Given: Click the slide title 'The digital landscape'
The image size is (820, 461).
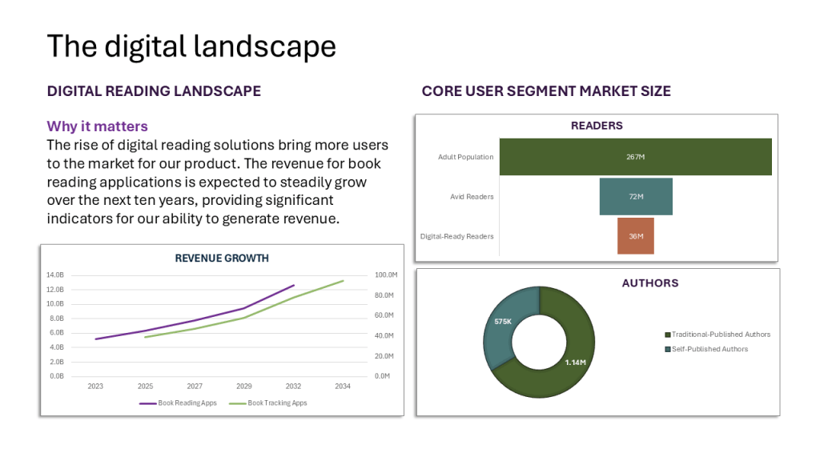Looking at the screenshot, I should pyautogui.click(x=191, y=46).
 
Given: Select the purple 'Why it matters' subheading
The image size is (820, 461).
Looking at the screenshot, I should pyautogui.click(x=97, y=126).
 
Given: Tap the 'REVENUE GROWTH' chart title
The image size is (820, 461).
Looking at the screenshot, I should pyautogui.click(x=222, y=258).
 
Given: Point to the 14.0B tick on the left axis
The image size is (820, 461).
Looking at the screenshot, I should pyautogui.click(x=54, y=275).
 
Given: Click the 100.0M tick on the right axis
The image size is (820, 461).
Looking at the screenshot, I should pyautogui.click(x=386, y=275).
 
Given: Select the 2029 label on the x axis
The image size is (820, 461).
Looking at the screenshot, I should pyautogui.click(x=244, y=386).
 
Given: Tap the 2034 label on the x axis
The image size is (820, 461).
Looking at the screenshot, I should pyautogui.click(x=343, y=386).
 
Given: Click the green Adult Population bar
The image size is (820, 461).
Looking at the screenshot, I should pyautogui.click(x=635, y=157).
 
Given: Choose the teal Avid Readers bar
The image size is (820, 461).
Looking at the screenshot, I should pyautogui.click(x=636, y=196).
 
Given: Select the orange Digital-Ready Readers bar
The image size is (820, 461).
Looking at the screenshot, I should pyautogui.click(x=636, y=236).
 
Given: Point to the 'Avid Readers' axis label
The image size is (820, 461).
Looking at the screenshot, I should pyautogui.click(x=472, y=196).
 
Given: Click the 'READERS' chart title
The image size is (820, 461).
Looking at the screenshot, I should pyautogui.click(x=597, y=126).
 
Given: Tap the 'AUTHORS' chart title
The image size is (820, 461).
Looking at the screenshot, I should pyautogui.click(x=649, y=283).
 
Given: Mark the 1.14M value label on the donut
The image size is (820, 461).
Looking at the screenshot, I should pyautogui.click(x=574, y=363).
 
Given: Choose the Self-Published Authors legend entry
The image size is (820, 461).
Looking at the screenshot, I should pyautogui.click(x=709, y=349).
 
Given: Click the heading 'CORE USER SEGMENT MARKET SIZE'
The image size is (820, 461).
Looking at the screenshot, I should pyautogui.click(x=546, y=91).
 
